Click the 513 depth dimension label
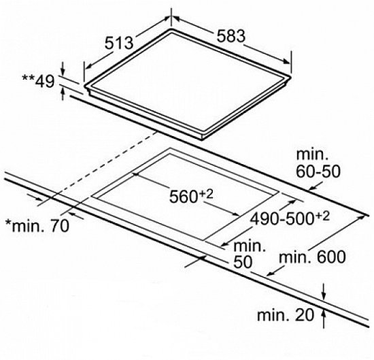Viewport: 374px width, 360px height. (119, 43)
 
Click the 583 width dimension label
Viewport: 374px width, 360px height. (231, 36)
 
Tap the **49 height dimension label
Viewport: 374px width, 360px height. (38, 81)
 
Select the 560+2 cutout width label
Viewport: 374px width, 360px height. (191, 196)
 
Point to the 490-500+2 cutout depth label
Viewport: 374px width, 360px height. (290, 218)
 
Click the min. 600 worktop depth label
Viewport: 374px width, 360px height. (312, 257)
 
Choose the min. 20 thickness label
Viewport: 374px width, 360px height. (286, 314)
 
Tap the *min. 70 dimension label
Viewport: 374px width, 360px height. (37, 226)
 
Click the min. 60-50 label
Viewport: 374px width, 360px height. (318, 163)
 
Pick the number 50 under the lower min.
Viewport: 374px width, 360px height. (243, 262)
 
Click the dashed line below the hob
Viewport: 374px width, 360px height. (105, 164)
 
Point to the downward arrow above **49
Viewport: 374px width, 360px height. (63, 69)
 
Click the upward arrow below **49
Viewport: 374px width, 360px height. (63, 94)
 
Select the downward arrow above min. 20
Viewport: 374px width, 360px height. (324, 291)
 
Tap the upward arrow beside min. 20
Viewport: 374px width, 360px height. (324, 318)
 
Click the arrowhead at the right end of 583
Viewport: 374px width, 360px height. (286, 62)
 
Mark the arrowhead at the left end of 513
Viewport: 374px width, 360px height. (88, 67)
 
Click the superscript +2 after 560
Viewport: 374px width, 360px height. (206, 194)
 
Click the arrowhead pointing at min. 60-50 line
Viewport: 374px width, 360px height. (313, 188)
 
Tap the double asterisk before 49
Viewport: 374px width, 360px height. (28, 78)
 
